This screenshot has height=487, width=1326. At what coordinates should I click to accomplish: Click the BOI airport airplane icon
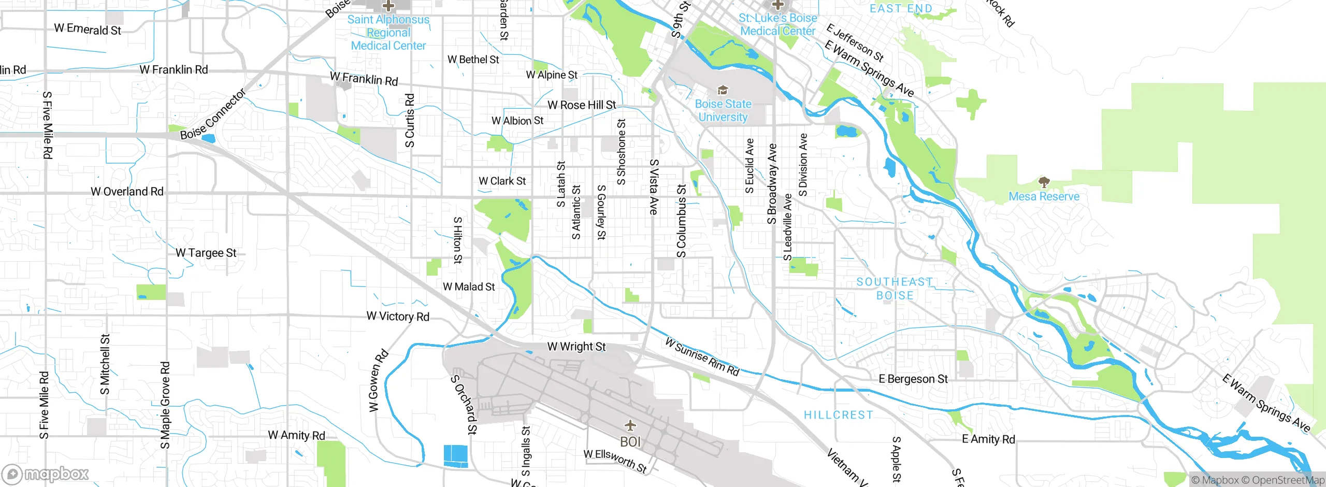(630, 426)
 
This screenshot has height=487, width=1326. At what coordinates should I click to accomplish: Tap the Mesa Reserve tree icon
(1044, 182)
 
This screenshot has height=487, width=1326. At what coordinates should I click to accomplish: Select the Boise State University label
(723, 110)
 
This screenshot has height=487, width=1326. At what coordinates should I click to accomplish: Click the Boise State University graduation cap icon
(723, 91)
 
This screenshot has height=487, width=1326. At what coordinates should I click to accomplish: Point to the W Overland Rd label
(127, 192)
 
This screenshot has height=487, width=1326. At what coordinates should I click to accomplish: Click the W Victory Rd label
(398, 316)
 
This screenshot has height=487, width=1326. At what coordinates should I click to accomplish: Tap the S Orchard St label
(464, 404)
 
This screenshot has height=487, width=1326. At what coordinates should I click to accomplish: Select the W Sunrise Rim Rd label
(702, 356)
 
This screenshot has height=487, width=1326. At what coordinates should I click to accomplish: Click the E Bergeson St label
(913, 379)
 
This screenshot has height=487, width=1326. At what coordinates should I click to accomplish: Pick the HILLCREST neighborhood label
(838, 415)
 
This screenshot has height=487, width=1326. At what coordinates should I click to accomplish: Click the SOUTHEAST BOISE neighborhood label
(895, 289)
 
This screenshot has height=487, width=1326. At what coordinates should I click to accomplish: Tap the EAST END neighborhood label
(901, 9)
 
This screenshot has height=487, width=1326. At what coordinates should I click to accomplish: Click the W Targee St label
(206, 253)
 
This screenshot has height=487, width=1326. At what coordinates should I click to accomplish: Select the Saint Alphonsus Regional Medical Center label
(388, 33)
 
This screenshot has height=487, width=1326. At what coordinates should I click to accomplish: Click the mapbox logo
(46, 474)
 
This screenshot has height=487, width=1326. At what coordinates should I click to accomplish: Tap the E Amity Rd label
(988, 439)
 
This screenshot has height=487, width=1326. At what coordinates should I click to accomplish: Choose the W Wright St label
(576, 347)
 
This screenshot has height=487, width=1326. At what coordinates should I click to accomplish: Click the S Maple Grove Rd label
(165, 405)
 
